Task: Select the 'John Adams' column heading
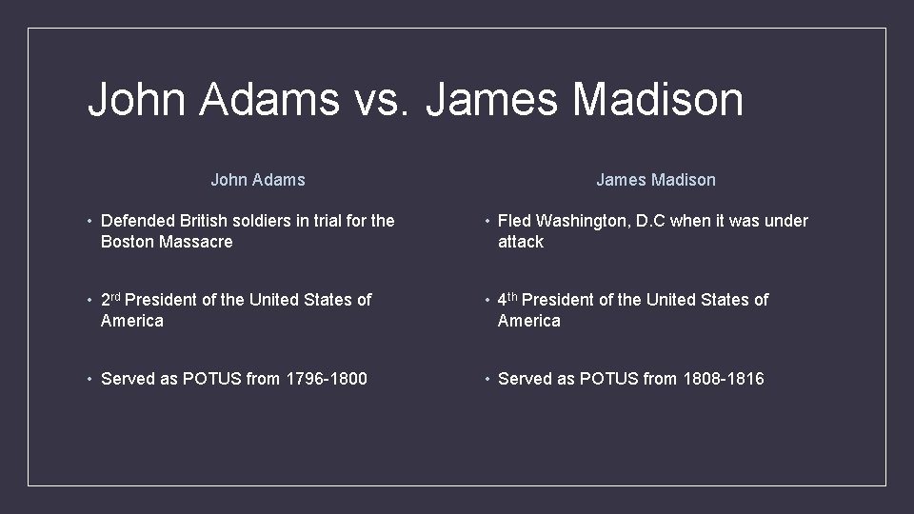pyautogui.click(x=258, y=180)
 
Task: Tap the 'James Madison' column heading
pyautogui.click(x=656, y=180)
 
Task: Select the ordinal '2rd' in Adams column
pyautogui.click(x=110, y=299)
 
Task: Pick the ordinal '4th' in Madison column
pyautogui.click(x=507, y=299)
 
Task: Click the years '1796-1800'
pyautogui.click(x=327, y=379)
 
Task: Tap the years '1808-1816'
pyautogui.click(x=724, y=379)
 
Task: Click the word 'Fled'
pyautogui.click(x=513, y=221)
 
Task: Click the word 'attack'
pyautogui.click(x=521, y=242)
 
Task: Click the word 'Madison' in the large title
pyautogui.click(x=658, y=99)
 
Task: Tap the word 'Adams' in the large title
pyautogui.click(x=269, y=99)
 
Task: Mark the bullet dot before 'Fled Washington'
pyautogui.click(x=487, y=221)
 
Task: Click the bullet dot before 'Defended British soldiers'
pyautogui.click(x=89, y=221)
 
